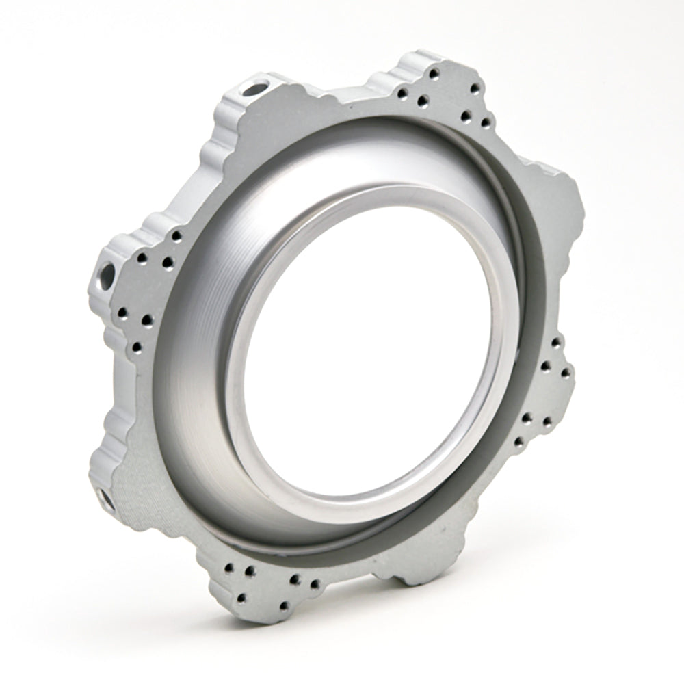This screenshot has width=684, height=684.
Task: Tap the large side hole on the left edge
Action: [x=107, y=275]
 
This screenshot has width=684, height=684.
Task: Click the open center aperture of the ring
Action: [x=369, y=349]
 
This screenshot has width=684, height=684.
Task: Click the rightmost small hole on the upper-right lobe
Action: [x=486, y=122]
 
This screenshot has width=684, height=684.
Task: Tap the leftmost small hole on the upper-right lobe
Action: [x=402, y=94]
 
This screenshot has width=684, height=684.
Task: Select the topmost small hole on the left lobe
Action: [x=176, y=236]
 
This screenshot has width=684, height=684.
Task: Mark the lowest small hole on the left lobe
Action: [x=137, y=347]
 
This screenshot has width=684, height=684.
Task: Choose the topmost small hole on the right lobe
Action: [x=555, y=342]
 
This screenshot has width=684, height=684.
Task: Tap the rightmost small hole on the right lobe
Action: [x=566, y=373]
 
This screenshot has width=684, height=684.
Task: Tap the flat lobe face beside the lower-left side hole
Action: [x=130, y=479]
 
